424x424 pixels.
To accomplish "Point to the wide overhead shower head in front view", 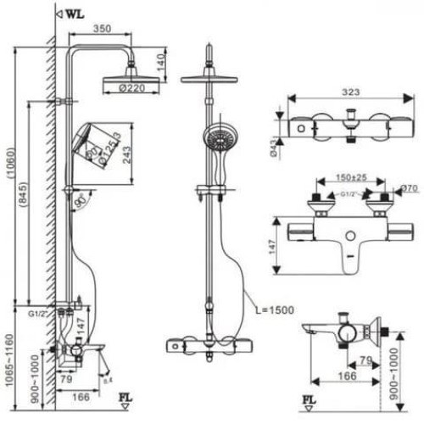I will (x=208, y=78).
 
